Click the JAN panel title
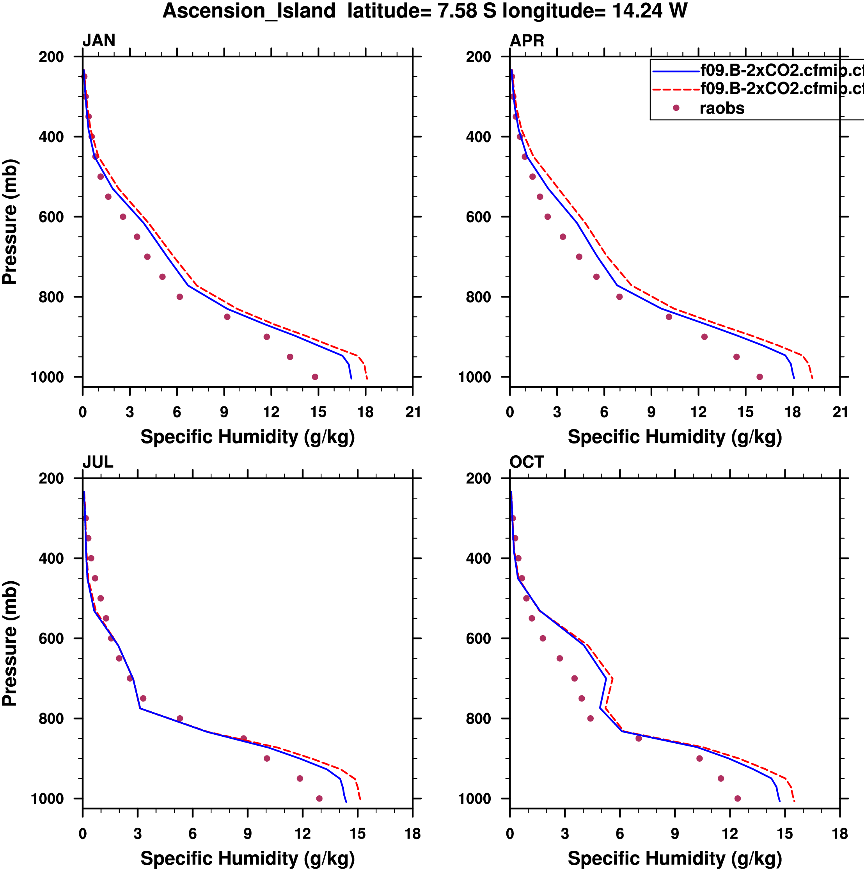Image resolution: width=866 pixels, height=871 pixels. [99, 41]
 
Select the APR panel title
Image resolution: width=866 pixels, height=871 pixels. [527, 41]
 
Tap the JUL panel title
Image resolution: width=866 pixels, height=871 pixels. [97, 462]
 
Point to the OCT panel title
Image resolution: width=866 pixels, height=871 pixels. [526, 462]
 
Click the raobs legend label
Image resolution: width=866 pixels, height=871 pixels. [722, 108]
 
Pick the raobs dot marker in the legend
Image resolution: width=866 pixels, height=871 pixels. [676, 108]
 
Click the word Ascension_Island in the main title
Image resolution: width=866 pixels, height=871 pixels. [249, 11]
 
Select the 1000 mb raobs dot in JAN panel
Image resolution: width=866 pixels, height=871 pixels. [315, 377]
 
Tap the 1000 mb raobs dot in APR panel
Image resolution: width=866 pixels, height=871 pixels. [760, 377]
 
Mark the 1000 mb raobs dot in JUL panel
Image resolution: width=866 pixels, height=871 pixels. [319, 798]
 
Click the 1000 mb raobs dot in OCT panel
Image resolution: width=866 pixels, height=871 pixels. [738, 798]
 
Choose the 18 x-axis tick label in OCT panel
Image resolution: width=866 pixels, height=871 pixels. [840, 834]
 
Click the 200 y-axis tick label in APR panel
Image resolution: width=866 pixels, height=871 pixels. [479, 57]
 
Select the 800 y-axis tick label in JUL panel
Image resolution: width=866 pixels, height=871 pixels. [51, 719]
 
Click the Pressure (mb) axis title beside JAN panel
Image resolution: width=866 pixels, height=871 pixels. [10, 221]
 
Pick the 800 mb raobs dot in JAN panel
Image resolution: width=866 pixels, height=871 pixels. [180, 297]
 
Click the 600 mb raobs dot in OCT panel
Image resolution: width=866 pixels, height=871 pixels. [543, 638]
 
